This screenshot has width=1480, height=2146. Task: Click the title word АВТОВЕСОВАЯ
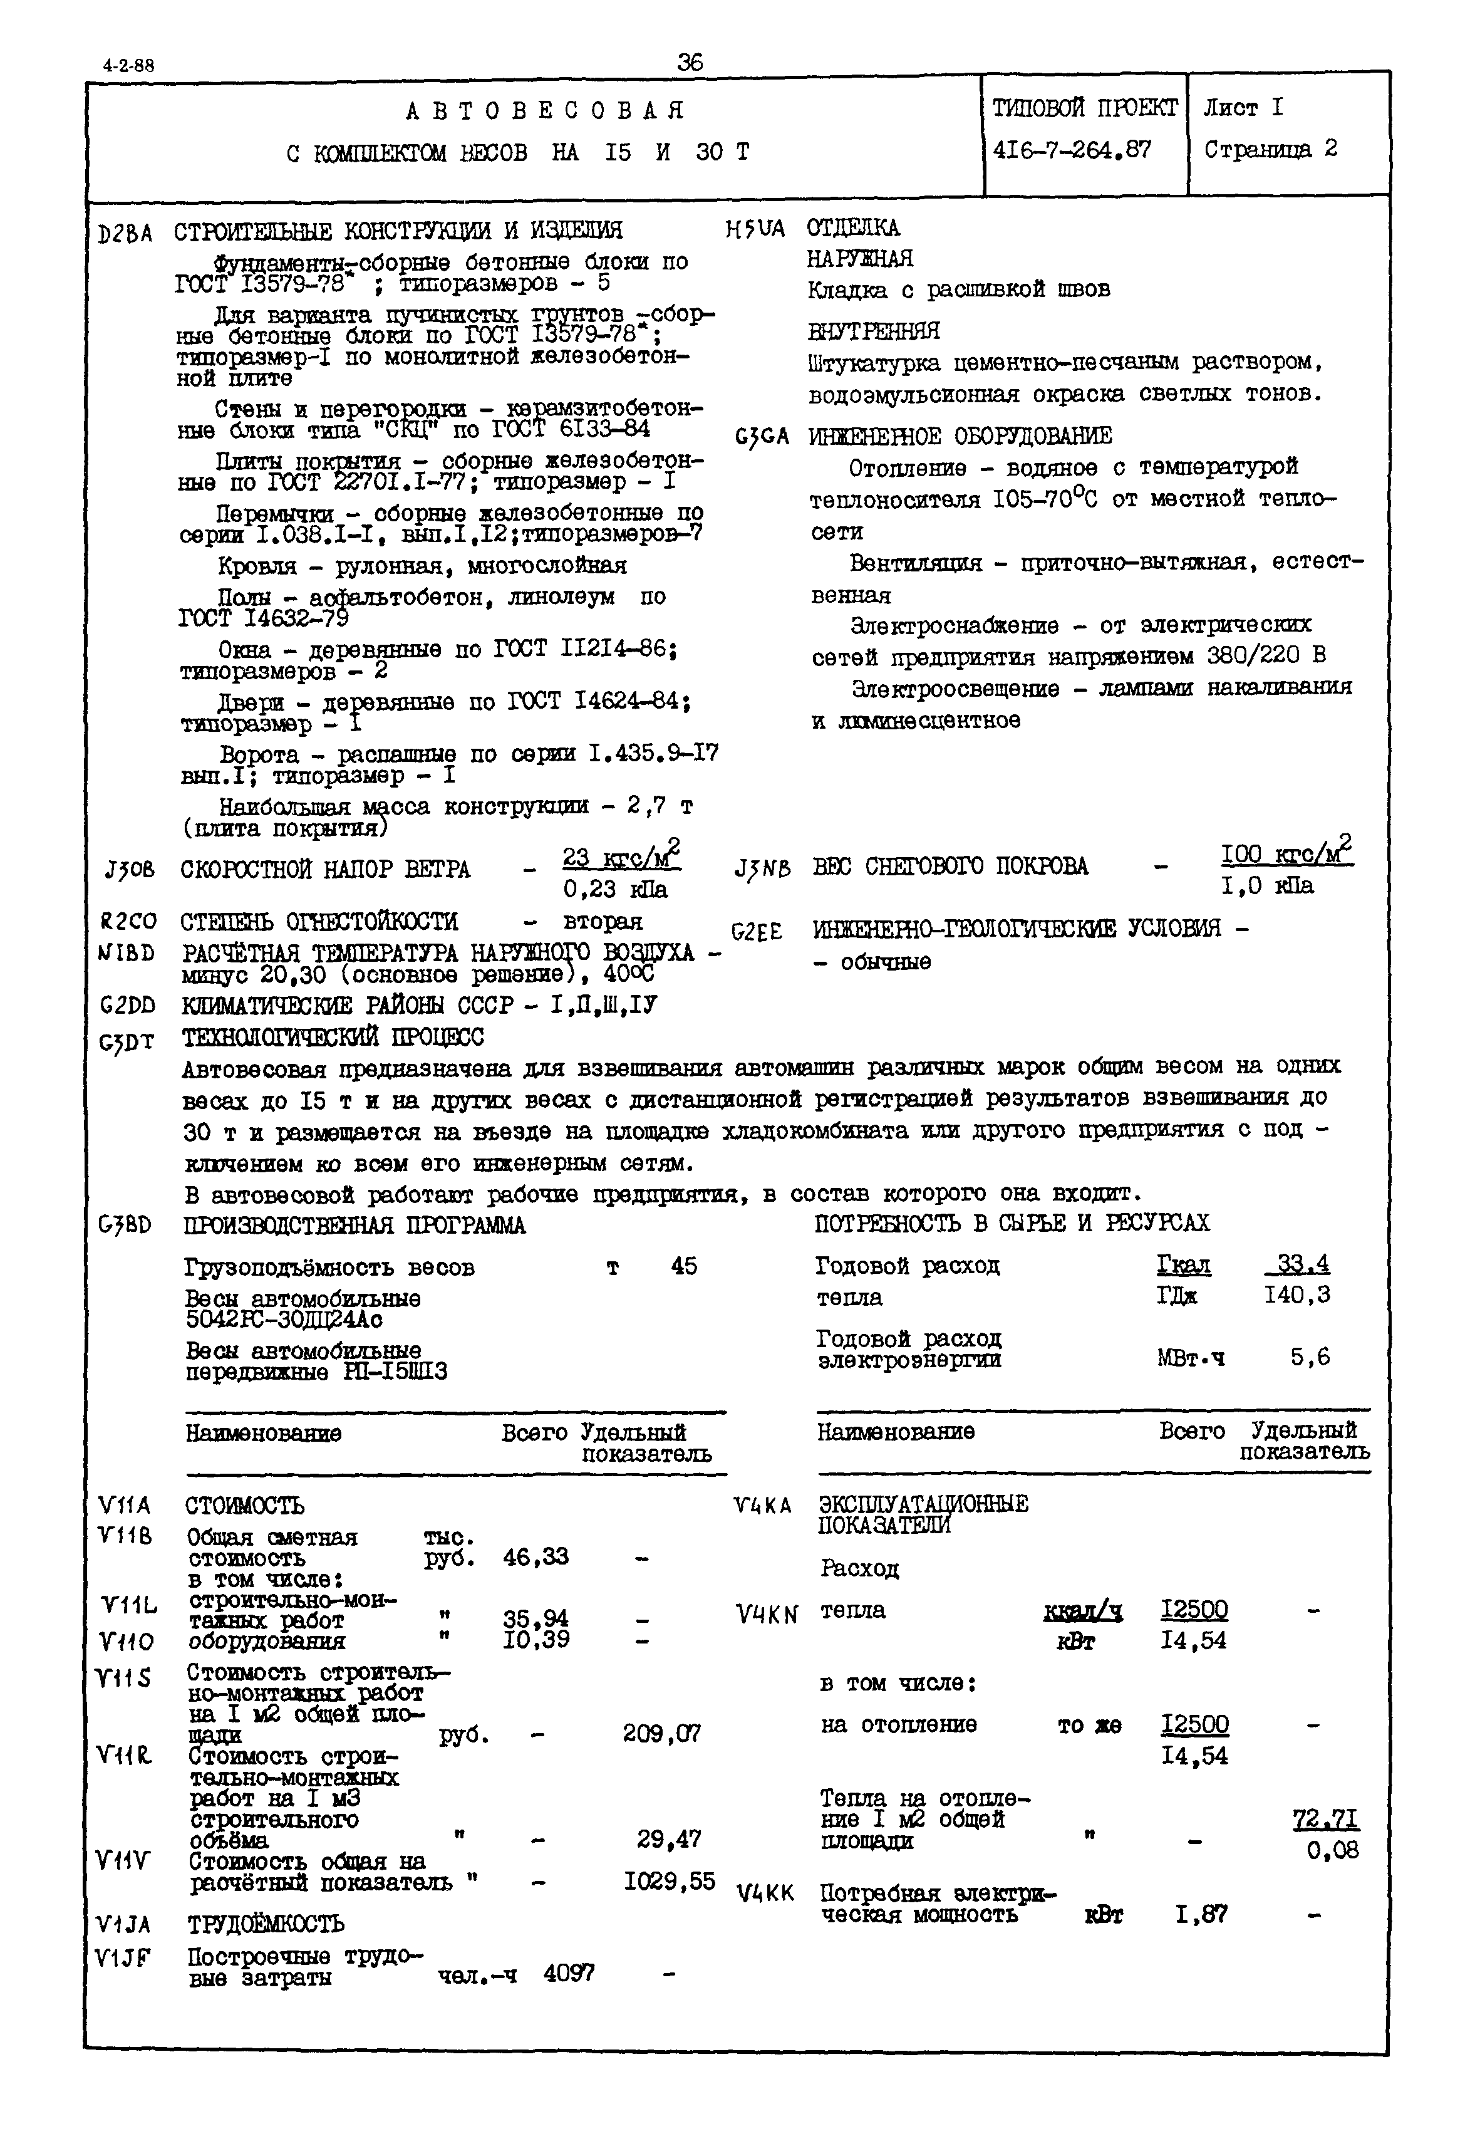pos(546,112)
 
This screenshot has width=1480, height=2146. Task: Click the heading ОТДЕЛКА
pos(852,228)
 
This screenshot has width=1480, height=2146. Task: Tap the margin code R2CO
pos(127,922)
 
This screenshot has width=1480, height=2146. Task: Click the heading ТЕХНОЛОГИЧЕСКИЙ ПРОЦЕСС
pos(333,1037)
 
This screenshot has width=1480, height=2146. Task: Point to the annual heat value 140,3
pos(1296,1294)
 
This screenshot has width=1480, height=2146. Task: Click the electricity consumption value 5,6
pos(1310,1357)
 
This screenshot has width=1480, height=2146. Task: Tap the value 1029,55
pos(668,1881)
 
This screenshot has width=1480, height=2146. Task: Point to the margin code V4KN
pos(766,1615)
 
